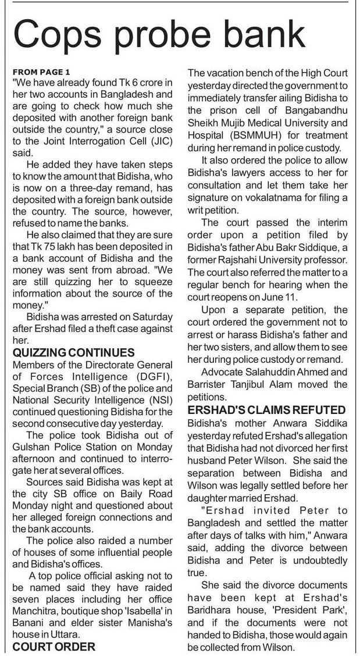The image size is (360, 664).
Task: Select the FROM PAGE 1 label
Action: click(x=41, y=72)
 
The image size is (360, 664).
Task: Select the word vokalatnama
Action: click(x=244, y=198)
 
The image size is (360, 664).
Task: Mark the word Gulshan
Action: click(x=30, y=447)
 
